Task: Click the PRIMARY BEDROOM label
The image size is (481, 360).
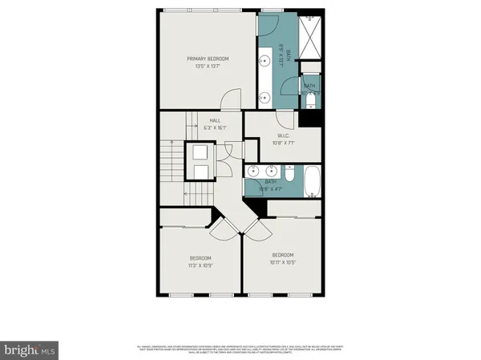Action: pos(208,59)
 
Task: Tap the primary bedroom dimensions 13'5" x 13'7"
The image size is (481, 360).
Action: pos(208,66)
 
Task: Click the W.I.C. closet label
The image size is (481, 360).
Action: pos(284,136)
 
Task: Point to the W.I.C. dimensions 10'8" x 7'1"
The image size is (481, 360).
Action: pos(284,143)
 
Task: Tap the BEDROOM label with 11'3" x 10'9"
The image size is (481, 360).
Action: pos(200,258)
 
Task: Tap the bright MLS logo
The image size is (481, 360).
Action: pos(29,350)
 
